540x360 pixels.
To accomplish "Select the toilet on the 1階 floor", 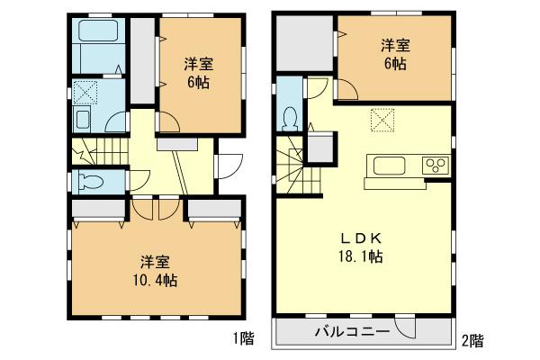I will pyautogui.click(x=91, y=181).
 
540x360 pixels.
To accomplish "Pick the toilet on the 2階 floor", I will pyautogui.click(x=290, y=118).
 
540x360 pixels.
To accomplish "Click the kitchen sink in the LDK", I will pyautogui.click(x=389, y=165).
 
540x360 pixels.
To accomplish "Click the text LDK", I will pyautogui.click(x=363, y=238).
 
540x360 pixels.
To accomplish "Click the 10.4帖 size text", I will pyautogui.click(x=155, y=280).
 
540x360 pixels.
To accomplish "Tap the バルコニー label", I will pyautogui.click(x=351, y=330).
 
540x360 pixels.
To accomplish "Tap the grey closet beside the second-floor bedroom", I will pyautogui.click(x=305, y=44).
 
